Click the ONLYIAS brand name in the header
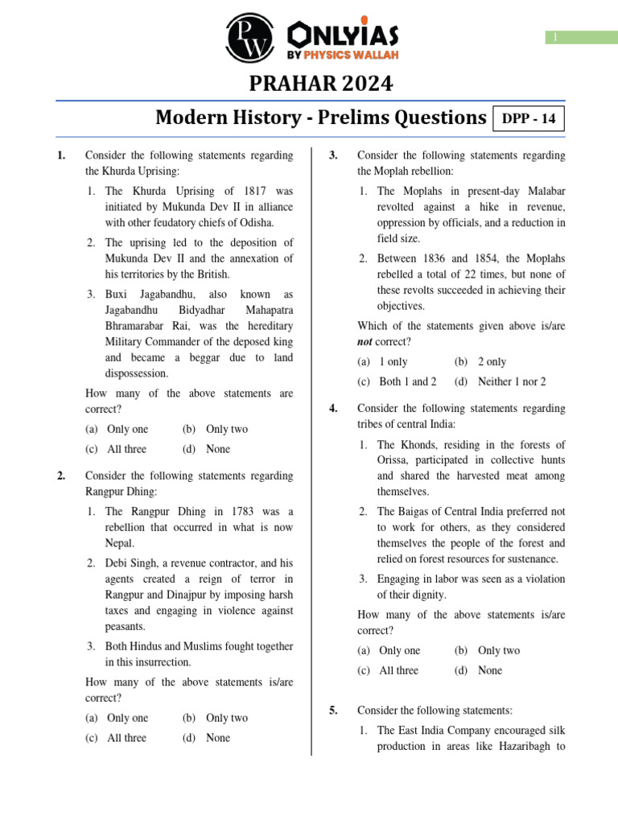[342, 35]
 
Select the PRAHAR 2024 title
[309, 84]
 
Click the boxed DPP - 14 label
[529, 119]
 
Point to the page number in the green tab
[554, 38]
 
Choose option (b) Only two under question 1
[216, 430]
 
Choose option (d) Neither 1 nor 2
[500, 382]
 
